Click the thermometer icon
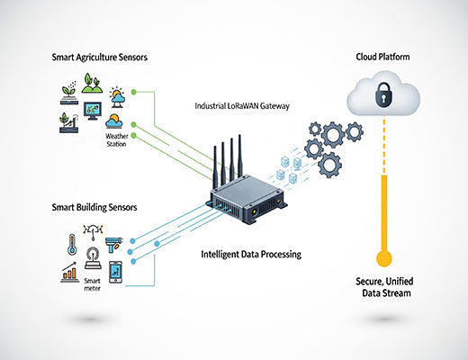coord(71,243)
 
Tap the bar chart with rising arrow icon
coord(68,271)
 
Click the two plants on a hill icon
coord(92,84)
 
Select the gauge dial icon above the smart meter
coord(93,234)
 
